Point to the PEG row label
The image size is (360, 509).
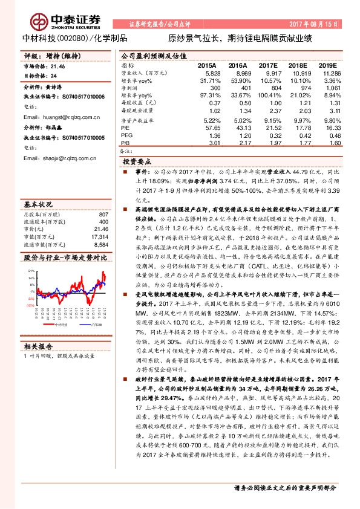126,135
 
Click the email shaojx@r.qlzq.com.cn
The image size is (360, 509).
57,158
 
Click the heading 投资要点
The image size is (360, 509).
136,162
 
